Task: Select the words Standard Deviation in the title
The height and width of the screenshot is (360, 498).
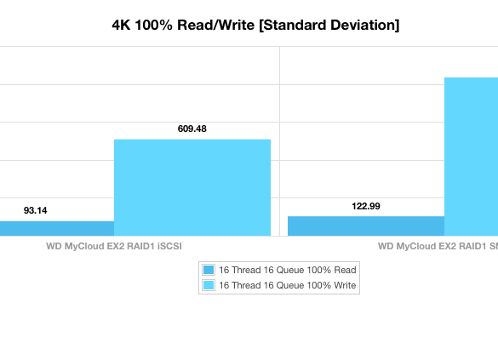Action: coord(329,25)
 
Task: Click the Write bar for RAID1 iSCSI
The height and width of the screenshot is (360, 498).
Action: coord(192,187)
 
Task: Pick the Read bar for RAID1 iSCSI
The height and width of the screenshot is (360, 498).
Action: coord(57,229)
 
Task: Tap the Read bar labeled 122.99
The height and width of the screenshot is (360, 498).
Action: coord(366,226)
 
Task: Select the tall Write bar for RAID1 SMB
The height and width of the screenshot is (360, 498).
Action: coord(471,157)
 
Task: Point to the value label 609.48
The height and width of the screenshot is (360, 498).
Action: coord(192,129)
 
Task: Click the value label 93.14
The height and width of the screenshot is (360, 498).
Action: coord(35,210)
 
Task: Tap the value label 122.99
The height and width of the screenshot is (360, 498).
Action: coord(366,206)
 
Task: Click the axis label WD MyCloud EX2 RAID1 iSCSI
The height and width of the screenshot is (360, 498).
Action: coord(114,246)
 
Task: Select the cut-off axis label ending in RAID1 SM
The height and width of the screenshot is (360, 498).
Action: coord(438,246)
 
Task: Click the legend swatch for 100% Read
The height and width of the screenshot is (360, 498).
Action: coord(209,270)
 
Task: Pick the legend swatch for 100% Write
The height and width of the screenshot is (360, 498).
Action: coord(209,285)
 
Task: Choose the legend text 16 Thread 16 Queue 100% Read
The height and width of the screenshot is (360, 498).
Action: coord(288,270)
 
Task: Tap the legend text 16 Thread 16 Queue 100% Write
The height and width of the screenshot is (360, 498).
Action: coord(288,285)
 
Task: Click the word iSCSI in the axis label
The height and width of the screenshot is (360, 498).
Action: coord(170,246)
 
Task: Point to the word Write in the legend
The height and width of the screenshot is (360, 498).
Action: coord(345,285)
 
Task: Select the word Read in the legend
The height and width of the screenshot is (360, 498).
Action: coord(345,270)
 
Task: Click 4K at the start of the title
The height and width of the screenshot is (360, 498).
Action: coord(121,25)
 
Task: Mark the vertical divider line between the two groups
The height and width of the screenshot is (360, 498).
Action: coord(279,141)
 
